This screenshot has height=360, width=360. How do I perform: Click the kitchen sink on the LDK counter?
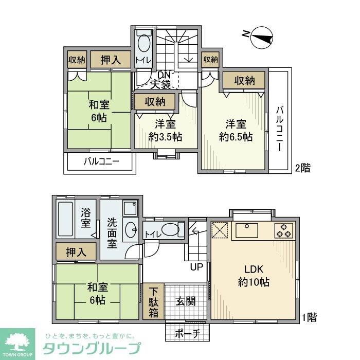pyautogui.click(x=248, y=230)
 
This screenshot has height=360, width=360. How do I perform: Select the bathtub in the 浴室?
pyautogui.click(x=66, y=220)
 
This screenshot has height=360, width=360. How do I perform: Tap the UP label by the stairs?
pyautogui.click(x=197, y=267)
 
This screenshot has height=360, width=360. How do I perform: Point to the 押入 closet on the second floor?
pyautogui.click(x=111, y=60)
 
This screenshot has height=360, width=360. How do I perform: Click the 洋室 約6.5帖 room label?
pyautogui.click(x=235, y=130)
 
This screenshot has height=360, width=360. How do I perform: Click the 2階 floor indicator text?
pyautogui.click(x=302, y=168)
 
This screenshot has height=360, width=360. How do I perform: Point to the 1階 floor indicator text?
pyautogui.click(x=309, y=318)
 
